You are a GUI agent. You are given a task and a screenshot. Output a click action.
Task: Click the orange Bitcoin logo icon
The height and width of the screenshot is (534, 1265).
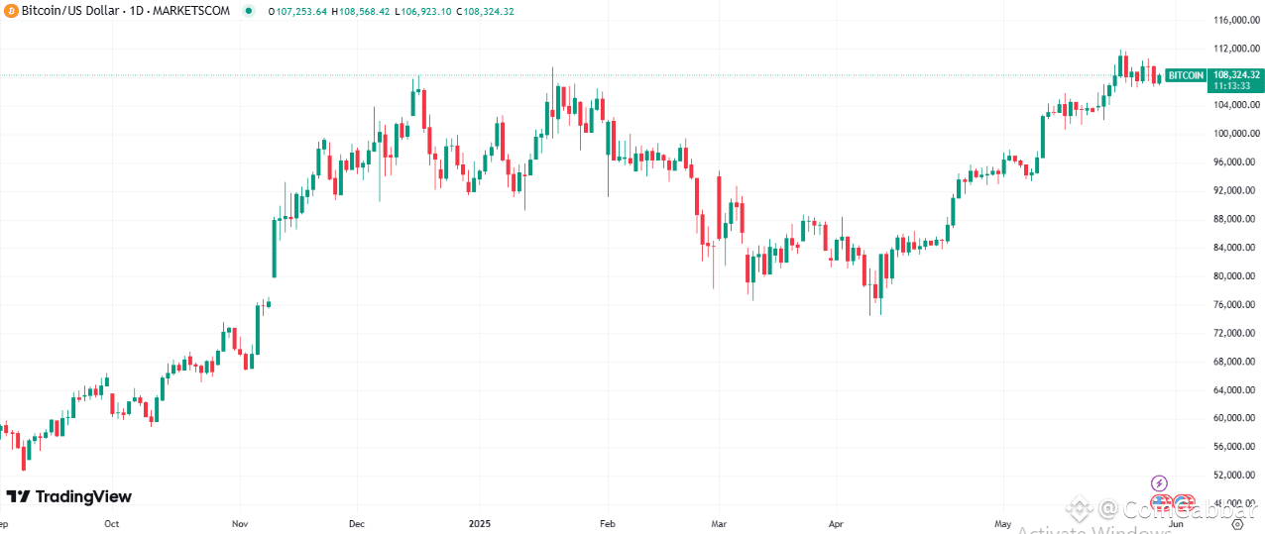[x=12, y=11]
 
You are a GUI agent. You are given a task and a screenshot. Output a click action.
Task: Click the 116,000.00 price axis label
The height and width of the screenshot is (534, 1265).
[x=1234, y=20]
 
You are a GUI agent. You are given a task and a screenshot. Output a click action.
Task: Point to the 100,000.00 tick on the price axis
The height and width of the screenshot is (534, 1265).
[x=1234, y=134]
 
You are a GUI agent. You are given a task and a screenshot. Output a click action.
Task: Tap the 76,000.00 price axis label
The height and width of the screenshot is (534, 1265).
[x=1234, y=304]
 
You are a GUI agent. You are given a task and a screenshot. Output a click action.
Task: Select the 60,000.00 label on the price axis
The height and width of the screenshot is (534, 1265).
[x=1234, y=418]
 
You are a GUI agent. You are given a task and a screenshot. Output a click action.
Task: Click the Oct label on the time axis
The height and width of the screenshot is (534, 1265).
[x=111, y=523]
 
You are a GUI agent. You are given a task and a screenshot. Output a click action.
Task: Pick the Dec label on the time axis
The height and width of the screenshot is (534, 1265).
[x=358, y=523]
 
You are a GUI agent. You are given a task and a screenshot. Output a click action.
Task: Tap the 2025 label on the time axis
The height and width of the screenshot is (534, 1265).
[x=479, y=523]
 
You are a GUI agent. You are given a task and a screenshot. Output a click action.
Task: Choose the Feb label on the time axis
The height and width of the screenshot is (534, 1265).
[x=608, y=523]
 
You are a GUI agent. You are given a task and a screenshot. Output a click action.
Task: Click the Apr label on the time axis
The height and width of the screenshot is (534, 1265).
[x=836, y=523]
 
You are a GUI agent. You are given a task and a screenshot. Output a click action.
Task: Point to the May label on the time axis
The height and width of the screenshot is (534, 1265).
[x=1003, y=523]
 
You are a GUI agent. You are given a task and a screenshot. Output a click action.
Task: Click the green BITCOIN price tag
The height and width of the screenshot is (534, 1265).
[x=1186, y=75]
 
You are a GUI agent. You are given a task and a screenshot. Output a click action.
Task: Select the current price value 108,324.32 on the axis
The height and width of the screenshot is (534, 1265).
[x=1235, y=74]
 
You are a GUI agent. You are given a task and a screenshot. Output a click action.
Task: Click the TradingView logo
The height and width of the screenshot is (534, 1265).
[x=68, y=496]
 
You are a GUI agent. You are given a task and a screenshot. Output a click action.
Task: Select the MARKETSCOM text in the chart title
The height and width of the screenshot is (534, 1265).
[x=194, y=11]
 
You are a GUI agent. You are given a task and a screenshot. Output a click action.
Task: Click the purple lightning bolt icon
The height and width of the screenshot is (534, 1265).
[x=1160, y=483]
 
